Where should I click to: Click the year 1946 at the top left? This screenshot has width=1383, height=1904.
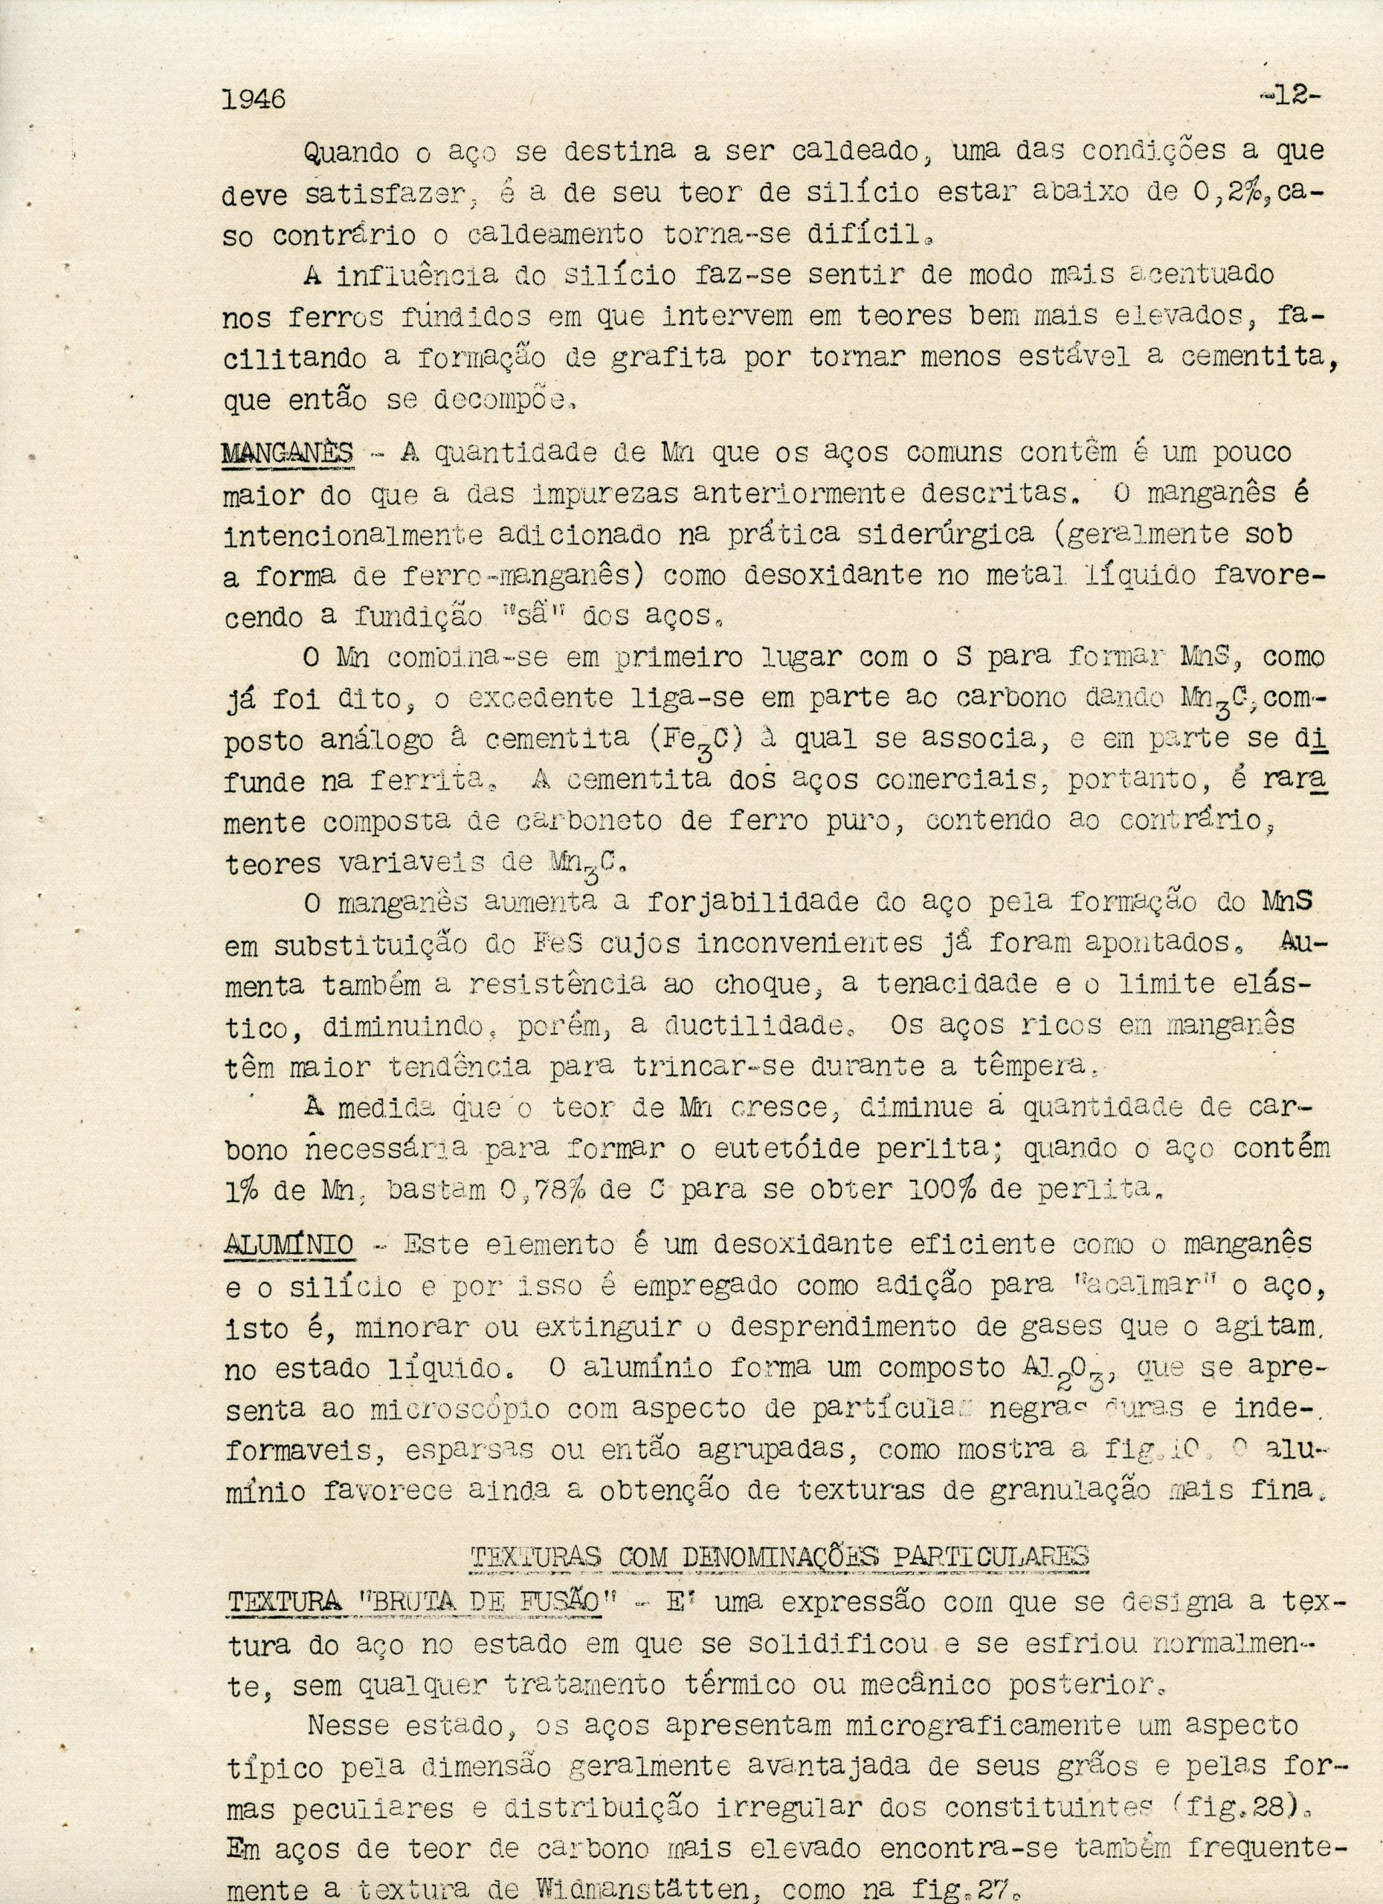(x=254, y=99)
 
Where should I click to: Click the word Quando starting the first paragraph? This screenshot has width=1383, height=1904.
(x=353, y=152)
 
